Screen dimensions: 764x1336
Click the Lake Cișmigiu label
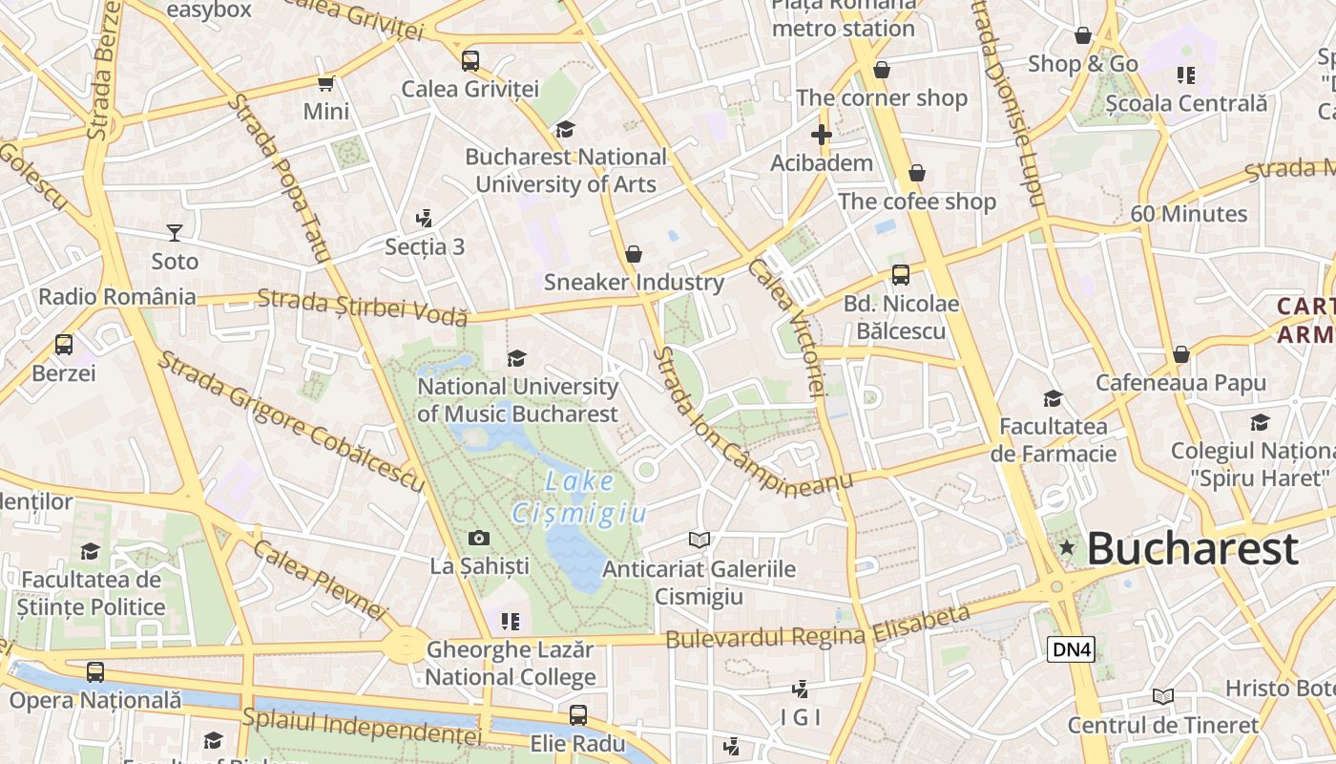point(579,497)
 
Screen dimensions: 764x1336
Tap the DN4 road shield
point(1071,650)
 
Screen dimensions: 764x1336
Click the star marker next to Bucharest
point(1067,548)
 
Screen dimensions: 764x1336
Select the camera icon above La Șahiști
point(479,539)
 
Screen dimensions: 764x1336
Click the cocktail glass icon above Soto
point(175,232)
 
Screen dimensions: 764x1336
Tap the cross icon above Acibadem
point(822,135)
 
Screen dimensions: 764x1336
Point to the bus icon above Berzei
point(64,345)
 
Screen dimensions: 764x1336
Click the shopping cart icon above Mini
point(326,84)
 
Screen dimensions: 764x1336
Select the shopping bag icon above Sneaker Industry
point(634,254)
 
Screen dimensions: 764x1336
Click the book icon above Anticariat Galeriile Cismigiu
point(699,541)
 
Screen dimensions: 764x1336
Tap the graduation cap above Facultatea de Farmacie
point(1053,398)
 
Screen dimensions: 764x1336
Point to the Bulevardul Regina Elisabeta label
point(818,627)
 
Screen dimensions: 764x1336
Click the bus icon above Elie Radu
point(577,715)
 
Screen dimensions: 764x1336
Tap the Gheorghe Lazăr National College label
point(511,664)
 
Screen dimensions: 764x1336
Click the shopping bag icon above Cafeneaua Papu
point(1180,355)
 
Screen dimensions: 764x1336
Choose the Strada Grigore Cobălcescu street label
point(291,421)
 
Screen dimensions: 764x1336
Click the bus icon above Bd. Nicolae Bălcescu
point(900,276)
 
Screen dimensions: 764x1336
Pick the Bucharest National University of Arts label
point(566,170)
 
